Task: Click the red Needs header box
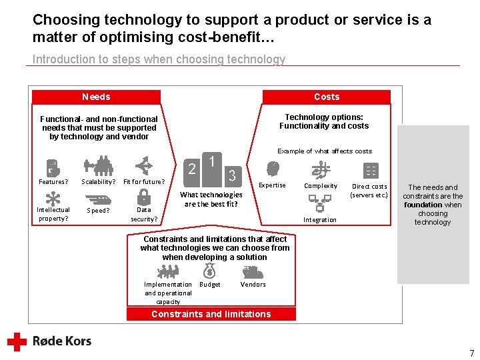tap(96, 97)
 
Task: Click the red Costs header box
tap(327, 97)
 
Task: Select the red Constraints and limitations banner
tap(211, 314)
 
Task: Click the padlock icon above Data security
tap(143, 197)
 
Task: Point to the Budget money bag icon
tap(209, 271)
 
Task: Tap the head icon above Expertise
tap(272, 169)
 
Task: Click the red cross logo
tap(17, 341)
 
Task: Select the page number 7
tap(471, 353)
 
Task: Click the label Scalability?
tap(98, 182)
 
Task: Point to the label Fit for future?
tap(144, 182)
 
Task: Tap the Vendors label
tap(253, 285)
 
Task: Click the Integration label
tap(320, 220)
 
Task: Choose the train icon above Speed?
tap(98, 197)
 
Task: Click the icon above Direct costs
tap(370, 170)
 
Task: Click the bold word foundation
tap(423, 205)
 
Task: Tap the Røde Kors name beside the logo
tap(62, 341)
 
